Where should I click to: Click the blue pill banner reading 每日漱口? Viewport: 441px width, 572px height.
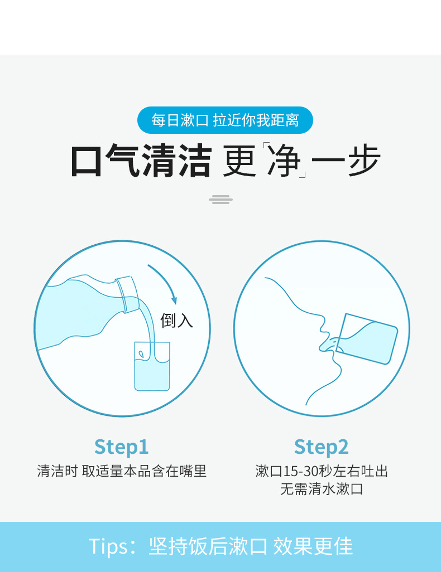(225, 120)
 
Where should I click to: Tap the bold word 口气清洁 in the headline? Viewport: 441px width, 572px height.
(141, 162)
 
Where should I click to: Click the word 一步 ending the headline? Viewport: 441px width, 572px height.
(347, 162)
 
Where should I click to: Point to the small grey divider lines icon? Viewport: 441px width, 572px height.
(221, 199)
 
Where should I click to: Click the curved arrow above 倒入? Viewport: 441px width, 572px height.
(165, 282)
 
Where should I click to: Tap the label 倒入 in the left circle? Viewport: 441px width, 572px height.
(176, 320)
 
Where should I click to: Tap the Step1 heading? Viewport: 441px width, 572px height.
(121, 447)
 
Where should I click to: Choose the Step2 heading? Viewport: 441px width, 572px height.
(321, 447)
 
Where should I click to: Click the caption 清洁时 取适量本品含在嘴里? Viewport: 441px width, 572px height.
(122, 471)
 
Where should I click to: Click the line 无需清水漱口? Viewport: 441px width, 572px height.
(322, 489)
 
